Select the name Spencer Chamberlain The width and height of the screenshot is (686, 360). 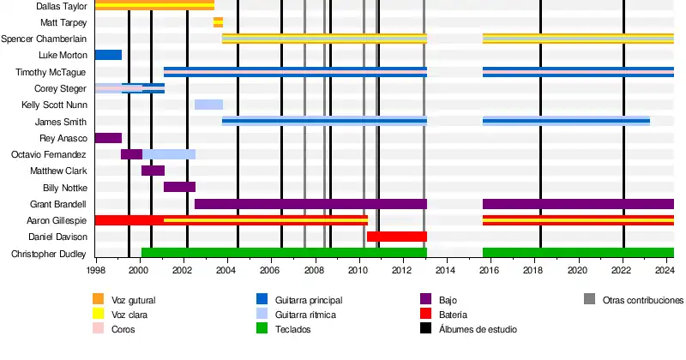[x=44, y=39]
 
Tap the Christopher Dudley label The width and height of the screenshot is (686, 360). [x=49, y=254]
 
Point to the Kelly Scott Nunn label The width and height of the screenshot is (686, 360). [x=54, y=105]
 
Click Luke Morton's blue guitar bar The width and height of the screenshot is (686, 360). [x=108, y=55]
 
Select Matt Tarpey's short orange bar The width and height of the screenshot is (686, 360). [x=218, y=22]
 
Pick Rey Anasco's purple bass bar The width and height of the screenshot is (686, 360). [x=108, y=138]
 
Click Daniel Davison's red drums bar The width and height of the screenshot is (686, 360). [x=396, y=237]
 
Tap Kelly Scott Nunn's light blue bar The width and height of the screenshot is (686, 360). [x=208, y=105]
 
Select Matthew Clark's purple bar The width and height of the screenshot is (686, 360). [x=153, y=171]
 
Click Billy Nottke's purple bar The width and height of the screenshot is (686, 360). [x=179, y=187]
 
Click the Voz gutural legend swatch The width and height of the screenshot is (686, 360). [x=98, y=300]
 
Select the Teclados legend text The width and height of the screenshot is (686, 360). [x=294, y=329]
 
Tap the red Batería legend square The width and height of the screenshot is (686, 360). [x=425, y=315]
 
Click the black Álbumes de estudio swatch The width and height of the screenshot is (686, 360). [x=425, y=329]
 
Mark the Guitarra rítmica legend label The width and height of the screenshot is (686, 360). [x=305, y=315]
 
